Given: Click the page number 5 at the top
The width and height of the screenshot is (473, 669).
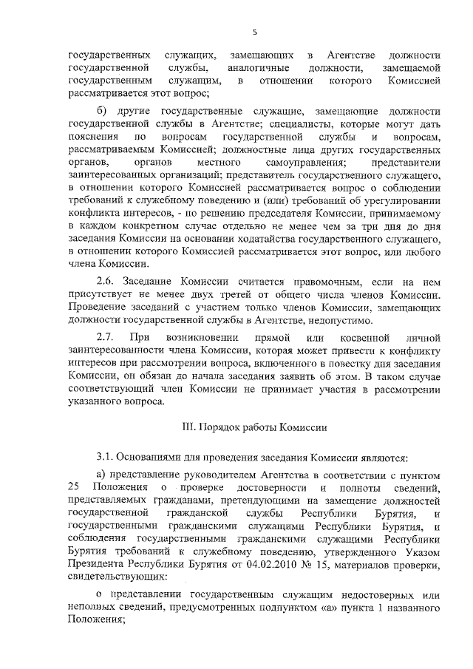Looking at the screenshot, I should point(253,32).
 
